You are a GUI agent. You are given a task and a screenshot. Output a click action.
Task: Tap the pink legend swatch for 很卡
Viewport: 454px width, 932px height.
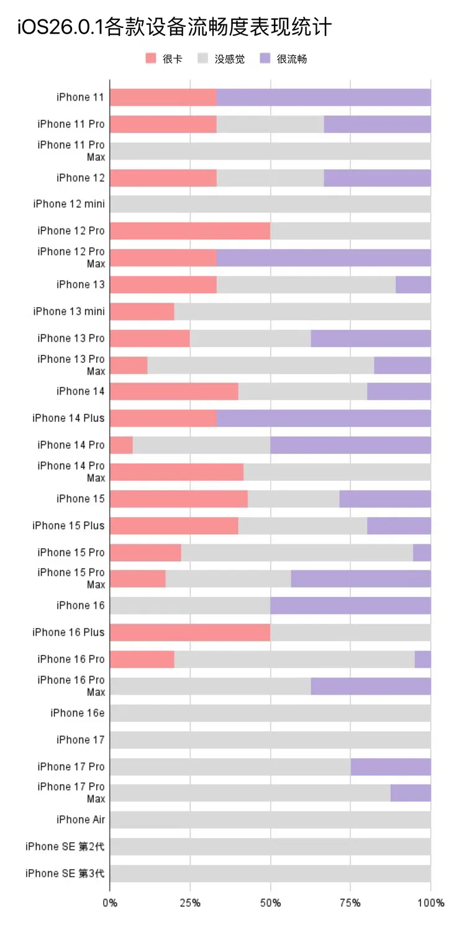tap(151, 59)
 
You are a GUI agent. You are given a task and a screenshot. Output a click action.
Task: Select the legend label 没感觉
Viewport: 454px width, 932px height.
tap(230, 59)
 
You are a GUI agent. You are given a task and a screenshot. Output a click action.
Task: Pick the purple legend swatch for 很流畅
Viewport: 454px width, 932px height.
tap(265, 59)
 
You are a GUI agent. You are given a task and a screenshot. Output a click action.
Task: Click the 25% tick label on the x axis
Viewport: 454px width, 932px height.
tap(190, 903)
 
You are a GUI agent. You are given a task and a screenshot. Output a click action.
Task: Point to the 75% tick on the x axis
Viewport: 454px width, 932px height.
tap(350, 903)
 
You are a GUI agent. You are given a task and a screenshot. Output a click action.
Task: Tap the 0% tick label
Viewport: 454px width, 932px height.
tap(110, 903)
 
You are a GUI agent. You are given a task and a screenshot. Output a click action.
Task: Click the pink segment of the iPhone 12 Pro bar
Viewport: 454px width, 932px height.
tap(189, 231)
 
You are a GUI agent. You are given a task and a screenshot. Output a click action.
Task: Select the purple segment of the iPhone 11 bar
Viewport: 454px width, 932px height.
tap(323, 97)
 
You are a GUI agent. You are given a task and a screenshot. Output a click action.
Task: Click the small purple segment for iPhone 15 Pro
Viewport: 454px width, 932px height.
tap(422, 552)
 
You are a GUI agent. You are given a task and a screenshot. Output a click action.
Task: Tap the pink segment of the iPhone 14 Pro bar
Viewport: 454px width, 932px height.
tap(121, 445)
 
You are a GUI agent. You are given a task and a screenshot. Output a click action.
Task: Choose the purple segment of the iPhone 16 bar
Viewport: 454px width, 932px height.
tap(350, 605)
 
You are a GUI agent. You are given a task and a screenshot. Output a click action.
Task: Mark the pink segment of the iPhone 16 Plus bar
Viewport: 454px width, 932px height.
tap(189, 633)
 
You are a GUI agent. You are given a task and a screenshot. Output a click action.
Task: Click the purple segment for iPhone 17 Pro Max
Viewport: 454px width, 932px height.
tap(411, 793)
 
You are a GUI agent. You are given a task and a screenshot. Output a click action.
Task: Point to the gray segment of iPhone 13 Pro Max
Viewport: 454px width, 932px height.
tap(261, 365)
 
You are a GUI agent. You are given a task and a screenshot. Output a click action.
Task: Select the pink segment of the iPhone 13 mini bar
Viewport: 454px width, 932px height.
tap(142, 311)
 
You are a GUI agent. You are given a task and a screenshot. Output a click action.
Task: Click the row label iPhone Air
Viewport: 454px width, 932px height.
tap(81, 820)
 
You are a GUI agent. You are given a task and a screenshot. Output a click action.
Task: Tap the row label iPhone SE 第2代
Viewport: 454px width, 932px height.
tap(65, 846)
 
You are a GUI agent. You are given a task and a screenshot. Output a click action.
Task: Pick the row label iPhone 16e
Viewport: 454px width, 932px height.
tap(78, 713)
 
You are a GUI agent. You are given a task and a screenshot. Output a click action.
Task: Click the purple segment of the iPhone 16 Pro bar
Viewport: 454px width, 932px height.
tap(423, 659)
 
